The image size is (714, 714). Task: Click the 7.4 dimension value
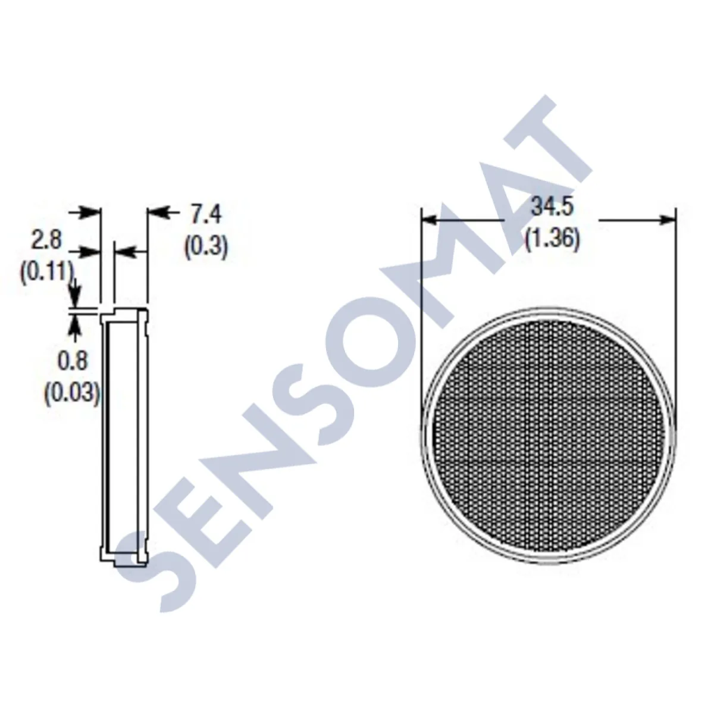click(206, 215)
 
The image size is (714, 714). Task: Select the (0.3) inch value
click(206, 247)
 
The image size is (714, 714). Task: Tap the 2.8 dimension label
click(46, 241)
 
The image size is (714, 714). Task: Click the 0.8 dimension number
click(72, 361)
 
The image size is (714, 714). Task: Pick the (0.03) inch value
click(72, 394)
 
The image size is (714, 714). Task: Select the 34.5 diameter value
click(552, 208)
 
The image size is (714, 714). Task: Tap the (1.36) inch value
click(552, 240)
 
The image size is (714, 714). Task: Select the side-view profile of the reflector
click(123, 435)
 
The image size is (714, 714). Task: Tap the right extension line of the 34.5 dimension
click(677, 297)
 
